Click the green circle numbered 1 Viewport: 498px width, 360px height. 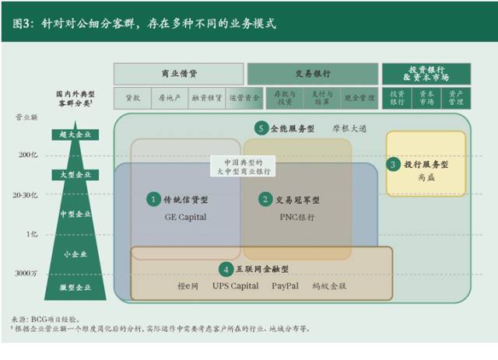pyautogui.click(x=153, y=200)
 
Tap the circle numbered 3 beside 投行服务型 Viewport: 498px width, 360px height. pyautogui.click(x=394, y=165)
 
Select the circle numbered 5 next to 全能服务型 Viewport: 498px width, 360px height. pyautogui.click(x=261, y=128)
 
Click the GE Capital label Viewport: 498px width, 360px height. pyautogui.click(x=185, y=217)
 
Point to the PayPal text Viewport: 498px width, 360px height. pyautogui.click(x=285, y=286)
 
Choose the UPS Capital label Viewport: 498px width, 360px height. pyautogui.click(x=235, y=286)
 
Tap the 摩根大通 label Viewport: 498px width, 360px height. pyautogui.click(x=349, y=128)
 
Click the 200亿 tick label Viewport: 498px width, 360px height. pyautogui.click(x=28, y=155)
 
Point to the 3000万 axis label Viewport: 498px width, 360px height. pyautogui.click(x=27, y=273)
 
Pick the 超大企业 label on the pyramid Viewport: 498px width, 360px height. pyautogui.click(x=75, y=135)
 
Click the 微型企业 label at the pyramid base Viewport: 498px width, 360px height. pyautogui.click(x=75, y=288)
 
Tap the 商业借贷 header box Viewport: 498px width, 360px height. pyautogui.click(x=178, y=74)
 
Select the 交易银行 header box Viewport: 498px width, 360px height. pyautogui.click(x=312, y=74)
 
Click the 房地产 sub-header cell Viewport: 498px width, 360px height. pyautogui.click(x=169, y=99)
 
